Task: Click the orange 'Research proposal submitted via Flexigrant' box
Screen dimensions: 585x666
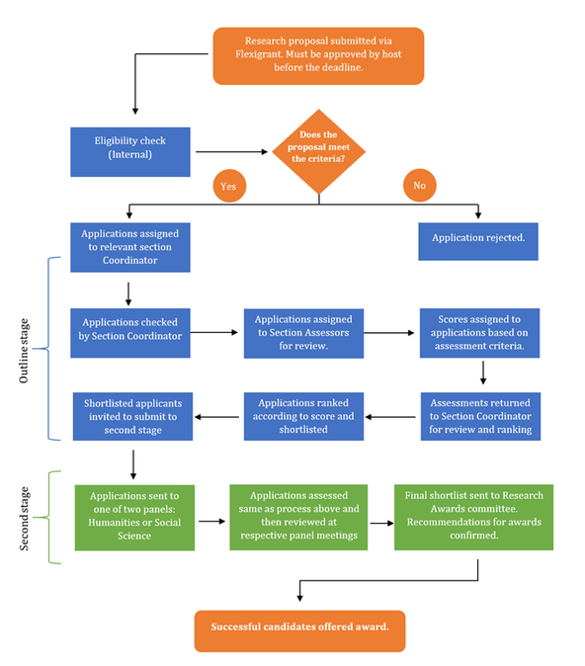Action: pyautogui.click(x=318, y=56)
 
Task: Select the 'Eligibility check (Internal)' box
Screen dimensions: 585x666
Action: pyautogui.click(x=130, y=151)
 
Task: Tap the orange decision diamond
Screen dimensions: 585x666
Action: pyautogui.click(x=318, y=151)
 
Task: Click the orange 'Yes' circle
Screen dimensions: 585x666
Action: pyautogui.click(x=229, y=186)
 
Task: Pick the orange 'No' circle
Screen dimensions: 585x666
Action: pyautogui.click(x=419, y=185)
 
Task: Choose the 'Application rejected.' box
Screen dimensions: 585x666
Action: pyautogui.click(x=478, y=241)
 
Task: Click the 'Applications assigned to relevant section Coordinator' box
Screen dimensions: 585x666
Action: pyautogui.click(x=130, y=247)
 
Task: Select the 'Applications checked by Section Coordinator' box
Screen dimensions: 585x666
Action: pyautogui.click(x=130, y=333)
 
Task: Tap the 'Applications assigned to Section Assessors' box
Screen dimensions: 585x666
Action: pyautogui.click(x=303, y=333)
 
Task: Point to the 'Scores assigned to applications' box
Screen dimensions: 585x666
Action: pyautogui.click(x=479, y=333)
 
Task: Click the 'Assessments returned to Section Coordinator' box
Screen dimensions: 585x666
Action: pyautogui.click(x=480, y=416)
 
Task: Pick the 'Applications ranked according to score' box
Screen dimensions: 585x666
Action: pyautogui.click(x=303, y=416)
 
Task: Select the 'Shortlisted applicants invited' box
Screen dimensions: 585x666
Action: pyautogui.click(x=132, y=416)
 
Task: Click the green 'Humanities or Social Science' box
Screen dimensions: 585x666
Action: pyautogui.click(x=134, y=518)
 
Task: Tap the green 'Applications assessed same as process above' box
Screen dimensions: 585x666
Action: pyautogui.click(x=298, y=518)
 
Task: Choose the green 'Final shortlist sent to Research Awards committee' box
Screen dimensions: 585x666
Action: pyautogui.click(x=473, y=518)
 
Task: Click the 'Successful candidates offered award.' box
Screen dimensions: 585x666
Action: pyautogui.click(x=300, y=631)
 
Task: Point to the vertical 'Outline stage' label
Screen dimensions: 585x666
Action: pyautogui.click(x=25, y=351)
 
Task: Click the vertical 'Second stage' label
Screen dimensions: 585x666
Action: pyautogui.click(x=25, y=519)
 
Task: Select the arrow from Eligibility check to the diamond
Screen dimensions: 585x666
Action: pyautogui.click(x=231, y=151)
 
